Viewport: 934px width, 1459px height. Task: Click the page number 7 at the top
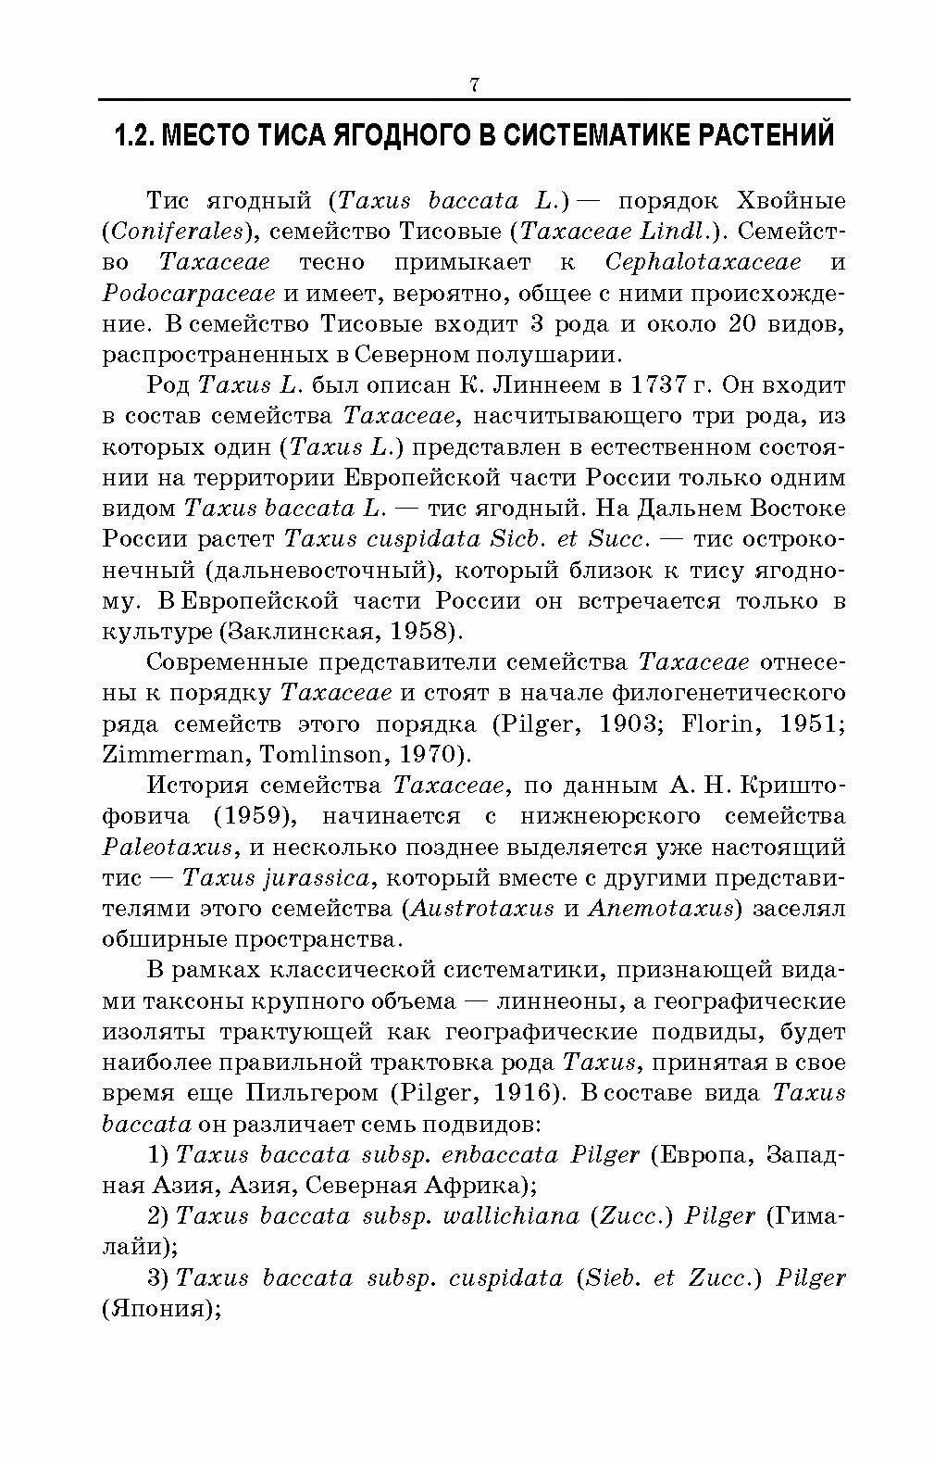pyautogui.click(x=473, y=85)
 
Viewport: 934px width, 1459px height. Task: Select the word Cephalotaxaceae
pyautogui.click(x=703, y=262)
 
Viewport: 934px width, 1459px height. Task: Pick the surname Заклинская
pyautogui.click(x=300, y=631)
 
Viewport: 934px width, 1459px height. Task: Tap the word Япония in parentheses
pyautogui.click(x=157, y=1309)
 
